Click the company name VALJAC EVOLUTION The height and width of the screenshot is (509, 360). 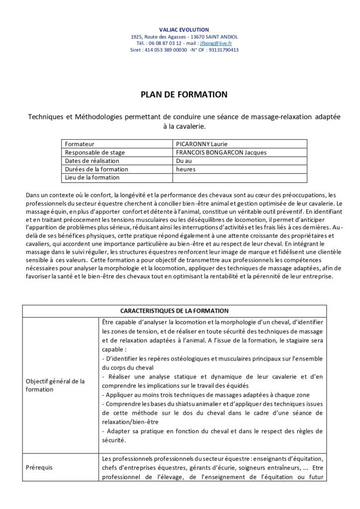[x=180, y=30]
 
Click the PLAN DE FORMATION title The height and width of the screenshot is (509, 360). [x=180, y=94]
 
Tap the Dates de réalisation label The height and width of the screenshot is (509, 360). [x=92, y=161]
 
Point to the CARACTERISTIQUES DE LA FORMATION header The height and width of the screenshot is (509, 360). [x=180, y=311]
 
